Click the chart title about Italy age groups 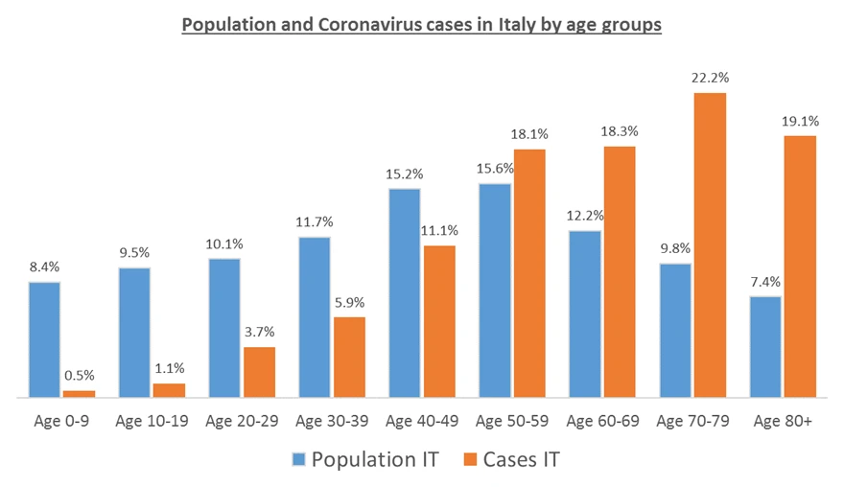422,26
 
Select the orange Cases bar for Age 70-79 711,244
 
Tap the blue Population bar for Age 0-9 44,338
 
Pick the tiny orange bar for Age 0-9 79,393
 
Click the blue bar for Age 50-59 495,290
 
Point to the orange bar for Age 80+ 800,266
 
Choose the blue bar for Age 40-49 405,292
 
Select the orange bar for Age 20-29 259,371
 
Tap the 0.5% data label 79,376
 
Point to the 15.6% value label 495,169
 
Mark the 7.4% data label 765,282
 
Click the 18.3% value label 620,131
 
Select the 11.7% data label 315,221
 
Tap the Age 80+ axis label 783,421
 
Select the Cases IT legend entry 508,459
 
